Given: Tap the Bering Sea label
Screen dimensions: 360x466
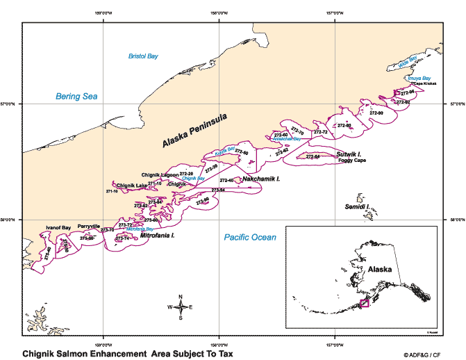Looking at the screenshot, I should pos(77,97).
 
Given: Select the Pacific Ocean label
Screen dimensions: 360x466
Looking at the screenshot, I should pos(250,238).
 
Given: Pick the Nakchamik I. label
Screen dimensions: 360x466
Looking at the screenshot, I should pos(261,179).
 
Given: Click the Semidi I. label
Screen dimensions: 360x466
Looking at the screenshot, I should pos(357,207).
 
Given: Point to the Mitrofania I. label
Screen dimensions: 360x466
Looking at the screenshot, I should pos(157,236).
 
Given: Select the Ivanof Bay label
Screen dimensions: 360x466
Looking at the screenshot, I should pos(58,227).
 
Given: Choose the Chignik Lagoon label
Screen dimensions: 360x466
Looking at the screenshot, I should pos(160,174).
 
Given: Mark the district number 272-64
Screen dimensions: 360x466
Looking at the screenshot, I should pos(313,156).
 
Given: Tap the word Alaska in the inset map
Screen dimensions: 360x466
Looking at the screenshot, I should pos(380,269).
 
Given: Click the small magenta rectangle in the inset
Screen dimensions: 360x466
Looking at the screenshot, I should pos(363,303).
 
